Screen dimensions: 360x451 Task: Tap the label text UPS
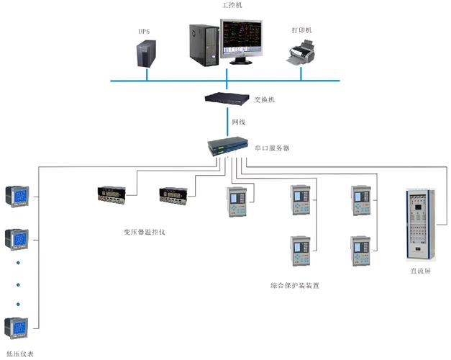[145, 31]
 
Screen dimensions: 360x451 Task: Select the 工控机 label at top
[232, 5]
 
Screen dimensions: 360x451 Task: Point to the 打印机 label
[302, 30]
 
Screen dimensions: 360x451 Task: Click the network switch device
[227, 99]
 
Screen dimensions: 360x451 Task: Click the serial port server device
[227, 148]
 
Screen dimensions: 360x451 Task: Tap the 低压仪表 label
[19, 354]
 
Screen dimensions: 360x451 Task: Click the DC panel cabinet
[421, 224]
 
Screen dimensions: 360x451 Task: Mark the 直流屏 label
[421, 271]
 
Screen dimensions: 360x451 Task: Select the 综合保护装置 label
[295, 285]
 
